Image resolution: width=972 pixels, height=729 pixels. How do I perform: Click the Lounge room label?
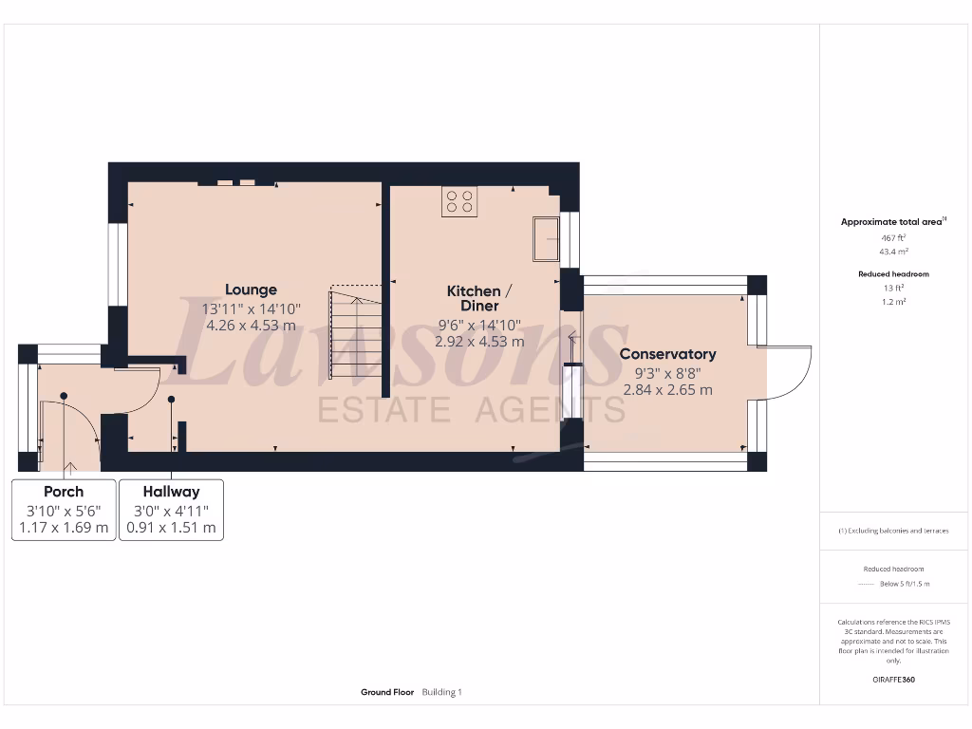251,290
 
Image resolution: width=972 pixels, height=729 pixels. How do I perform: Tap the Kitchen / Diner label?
479,298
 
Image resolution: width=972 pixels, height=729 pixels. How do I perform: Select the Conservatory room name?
667,354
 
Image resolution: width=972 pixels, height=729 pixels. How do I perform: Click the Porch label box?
64,510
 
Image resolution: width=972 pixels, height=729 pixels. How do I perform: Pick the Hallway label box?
171,510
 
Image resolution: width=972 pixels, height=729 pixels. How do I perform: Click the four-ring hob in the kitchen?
459,200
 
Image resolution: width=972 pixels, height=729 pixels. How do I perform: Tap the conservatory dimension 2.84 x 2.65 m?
667,389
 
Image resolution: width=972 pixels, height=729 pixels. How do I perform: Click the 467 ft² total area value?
893,237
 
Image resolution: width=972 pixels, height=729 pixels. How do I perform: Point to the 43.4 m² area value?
893,252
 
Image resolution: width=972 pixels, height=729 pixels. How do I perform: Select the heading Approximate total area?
892,222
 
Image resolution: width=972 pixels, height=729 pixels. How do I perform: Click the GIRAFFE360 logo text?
893,680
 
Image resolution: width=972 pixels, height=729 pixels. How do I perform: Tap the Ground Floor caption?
386,692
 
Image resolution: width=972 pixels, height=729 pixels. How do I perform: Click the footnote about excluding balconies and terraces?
893,531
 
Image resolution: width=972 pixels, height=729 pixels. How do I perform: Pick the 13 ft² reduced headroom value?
893,288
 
